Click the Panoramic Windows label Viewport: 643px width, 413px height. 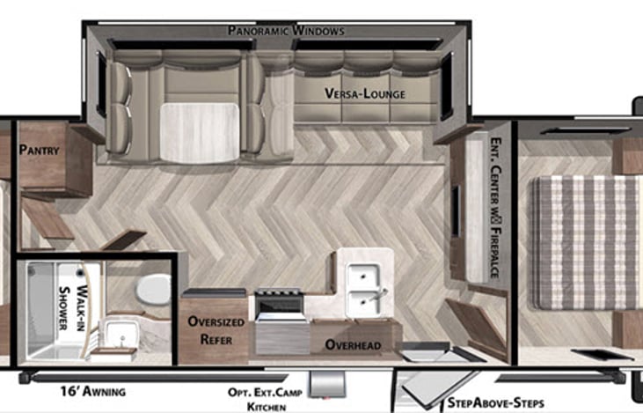click(286, 30)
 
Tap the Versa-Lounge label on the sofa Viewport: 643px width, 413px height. click(364, 93)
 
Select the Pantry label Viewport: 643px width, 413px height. click(40, 151)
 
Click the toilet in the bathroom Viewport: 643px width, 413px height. click(153, 290)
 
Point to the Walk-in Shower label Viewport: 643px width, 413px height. click(72, 308)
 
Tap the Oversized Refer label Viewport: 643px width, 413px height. click(216, 330)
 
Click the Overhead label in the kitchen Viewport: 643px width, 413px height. click(353, 345)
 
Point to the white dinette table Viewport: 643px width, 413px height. click(200, 132)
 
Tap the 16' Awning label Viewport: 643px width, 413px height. click(93, 391)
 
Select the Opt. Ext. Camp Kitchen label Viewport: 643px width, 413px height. click(265, 400)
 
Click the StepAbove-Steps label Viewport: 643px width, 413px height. click(496, 402)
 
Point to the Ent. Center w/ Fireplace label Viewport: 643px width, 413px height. click(495, 208)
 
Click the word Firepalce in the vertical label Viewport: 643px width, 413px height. click(495, 253)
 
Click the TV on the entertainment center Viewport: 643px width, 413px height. click(456, 211)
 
